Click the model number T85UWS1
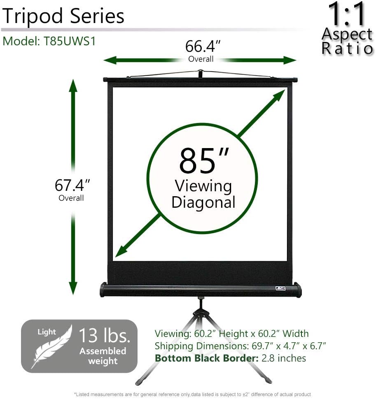click(x=70, y=41)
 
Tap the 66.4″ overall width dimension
click(x=203, y=46)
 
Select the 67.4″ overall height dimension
click(x=72, y=185)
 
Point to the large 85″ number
click(x=204, y=161)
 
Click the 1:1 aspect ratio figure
click(x=347, y=14)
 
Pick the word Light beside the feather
click(x=47, y=332)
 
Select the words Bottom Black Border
click(x=207, y=358)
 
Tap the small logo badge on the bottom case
click(x=280, y=289)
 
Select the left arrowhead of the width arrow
click(x=110, y=60)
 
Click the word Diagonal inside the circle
click(x=203, y=202)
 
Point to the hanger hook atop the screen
click(x=201, y=74)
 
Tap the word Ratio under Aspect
click(x=347, y=49)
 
